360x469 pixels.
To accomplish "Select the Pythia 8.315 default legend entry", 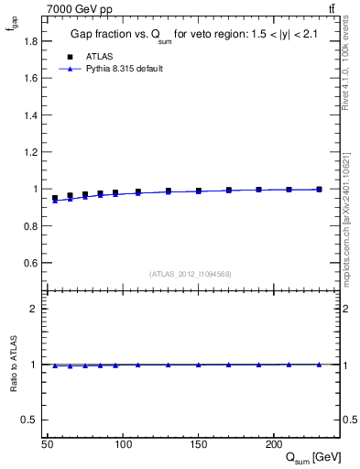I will tap(125, 69).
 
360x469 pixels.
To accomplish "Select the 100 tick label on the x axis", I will tap(123, 444).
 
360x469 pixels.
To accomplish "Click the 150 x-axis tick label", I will tap(198, 444).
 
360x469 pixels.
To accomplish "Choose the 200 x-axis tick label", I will tap(273, 444).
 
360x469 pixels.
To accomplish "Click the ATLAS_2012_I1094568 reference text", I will tap(191, 274).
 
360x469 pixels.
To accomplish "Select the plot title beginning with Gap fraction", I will tap(192, 35).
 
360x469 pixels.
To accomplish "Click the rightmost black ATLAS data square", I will tap(319, 190).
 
